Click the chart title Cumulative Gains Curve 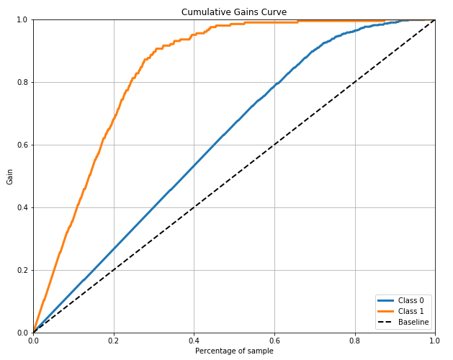(234, 12)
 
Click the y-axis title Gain (10, 176)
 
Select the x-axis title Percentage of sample (234, 350)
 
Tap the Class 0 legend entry (411, 300)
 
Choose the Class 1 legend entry (411, 311)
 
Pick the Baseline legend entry (413, 322)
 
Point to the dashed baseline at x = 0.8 (354, 82)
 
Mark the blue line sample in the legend (385, 300)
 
